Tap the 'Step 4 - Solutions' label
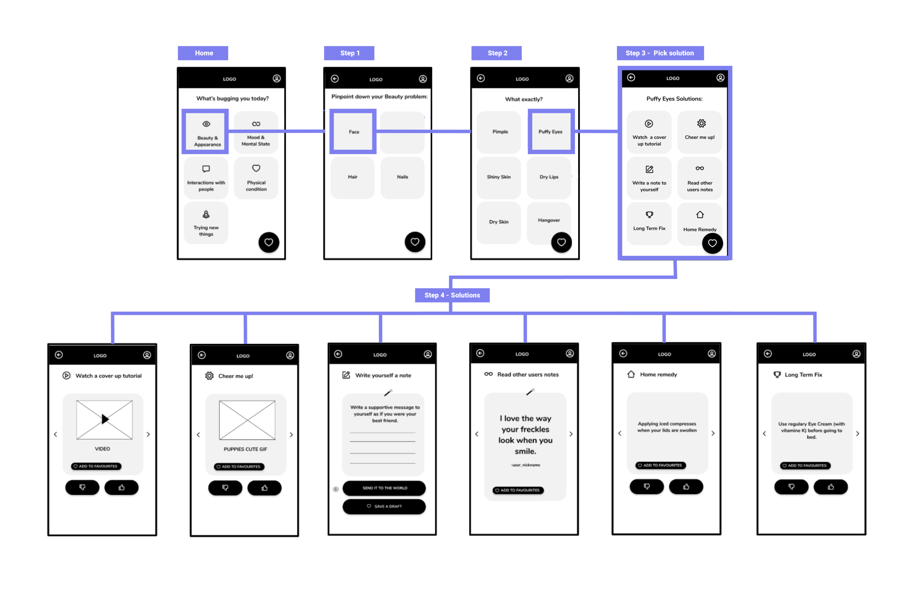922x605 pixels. point(452,295)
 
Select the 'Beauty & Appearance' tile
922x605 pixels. point(206,132)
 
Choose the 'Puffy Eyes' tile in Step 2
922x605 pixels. point(550,132)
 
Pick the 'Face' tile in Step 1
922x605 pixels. point(353,132)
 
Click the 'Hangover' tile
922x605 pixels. point(548,220)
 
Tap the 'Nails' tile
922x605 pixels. point(402,177)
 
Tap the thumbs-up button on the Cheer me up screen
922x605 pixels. point(264,488)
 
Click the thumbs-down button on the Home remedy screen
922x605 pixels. point(646,487)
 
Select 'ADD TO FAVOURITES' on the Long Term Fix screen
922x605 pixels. point(805,465)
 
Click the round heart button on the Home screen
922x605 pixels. point(268,242)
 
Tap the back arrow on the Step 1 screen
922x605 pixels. point(335,79)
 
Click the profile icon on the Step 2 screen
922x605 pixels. point(569,78)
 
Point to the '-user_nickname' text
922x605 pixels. point(525,465)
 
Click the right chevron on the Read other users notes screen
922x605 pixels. point(571,434)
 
